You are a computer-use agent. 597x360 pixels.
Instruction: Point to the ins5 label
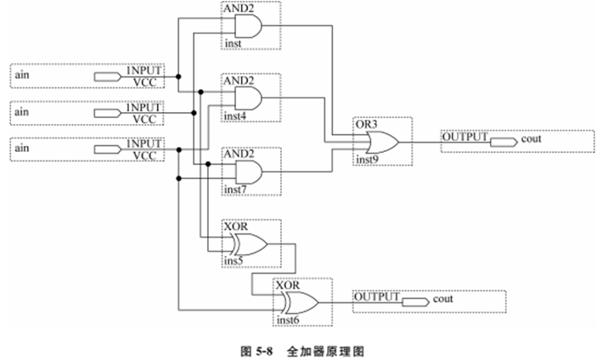point(234,262)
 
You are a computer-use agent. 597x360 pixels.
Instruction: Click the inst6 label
point(288,319)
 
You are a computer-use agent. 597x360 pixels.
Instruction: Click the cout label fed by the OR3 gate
point(532,138)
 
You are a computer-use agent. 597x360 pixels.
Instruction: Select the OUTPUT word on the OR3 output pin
point(465,136)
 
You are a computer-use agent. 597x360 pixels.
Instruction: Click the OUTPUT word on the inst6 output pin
point(376,297)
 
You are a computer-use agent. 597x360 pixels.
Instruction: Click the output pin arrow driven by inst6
point(415,301)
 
